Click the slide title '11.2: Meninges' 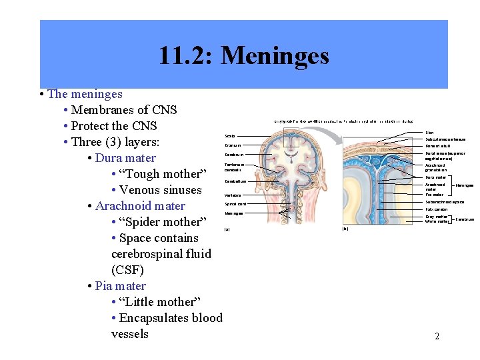[x=243, y=55]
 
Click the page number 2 [x=437, y=336]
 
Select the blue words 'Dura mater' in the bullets [x=125, y=158]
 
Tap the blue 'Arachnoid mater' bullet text [x=140, y=206]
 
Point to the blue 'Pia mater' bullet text [x=120, y=286]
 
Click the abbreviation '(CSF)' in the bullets [x=127, y=270]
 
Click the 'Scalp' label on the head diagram [x=230, y=136]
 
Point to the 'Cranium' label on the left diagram [x=233, y=145]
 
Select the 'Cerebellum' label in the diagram [x=235, y=181]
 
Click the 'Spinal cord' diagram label [x=235, y=204]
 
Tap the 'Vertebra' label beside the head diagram [x=233, y=195]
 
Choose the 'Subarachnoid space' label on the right [x=445, y=201]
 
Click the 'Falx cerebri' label [x=437, y=209]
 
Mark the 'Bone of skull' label [x=439, y=146]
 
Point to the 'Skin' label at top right [x=429, y=133]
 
